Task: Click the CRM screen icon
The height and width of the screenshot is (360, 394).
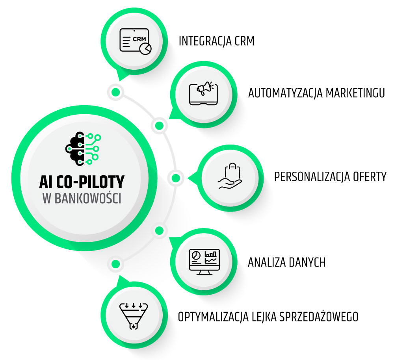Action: [x=135, y=40]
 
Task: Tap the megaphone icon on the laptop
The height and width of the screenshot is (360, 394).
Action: [x=203, y=93]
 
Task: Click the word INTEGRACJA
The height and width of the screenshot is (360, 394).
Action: [x=204, y=41]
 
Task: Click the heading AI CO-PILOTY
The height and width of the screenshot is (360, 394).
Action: [x=82, y=182]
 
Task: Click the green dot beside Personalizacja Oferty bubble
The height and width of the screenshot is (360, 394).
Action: [x=176, y=178]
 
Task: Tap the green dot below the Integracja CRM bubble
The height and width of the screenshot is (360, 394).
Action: [x=115, y=92]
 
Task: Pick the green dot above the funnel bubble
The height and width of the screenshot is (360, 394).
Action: [x=115, y=264]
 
